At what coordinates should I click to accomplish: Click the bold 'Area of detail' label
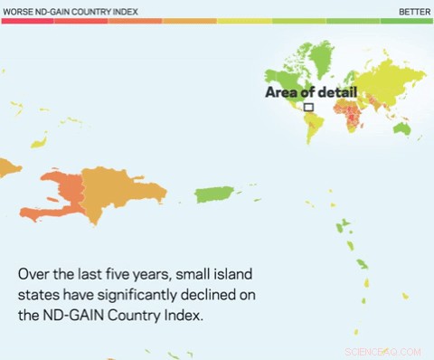pyautogui.click(x=311, y=92)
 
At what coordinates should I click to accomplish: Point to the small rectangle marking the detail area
pyautogui.click(x=308, y=107)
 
